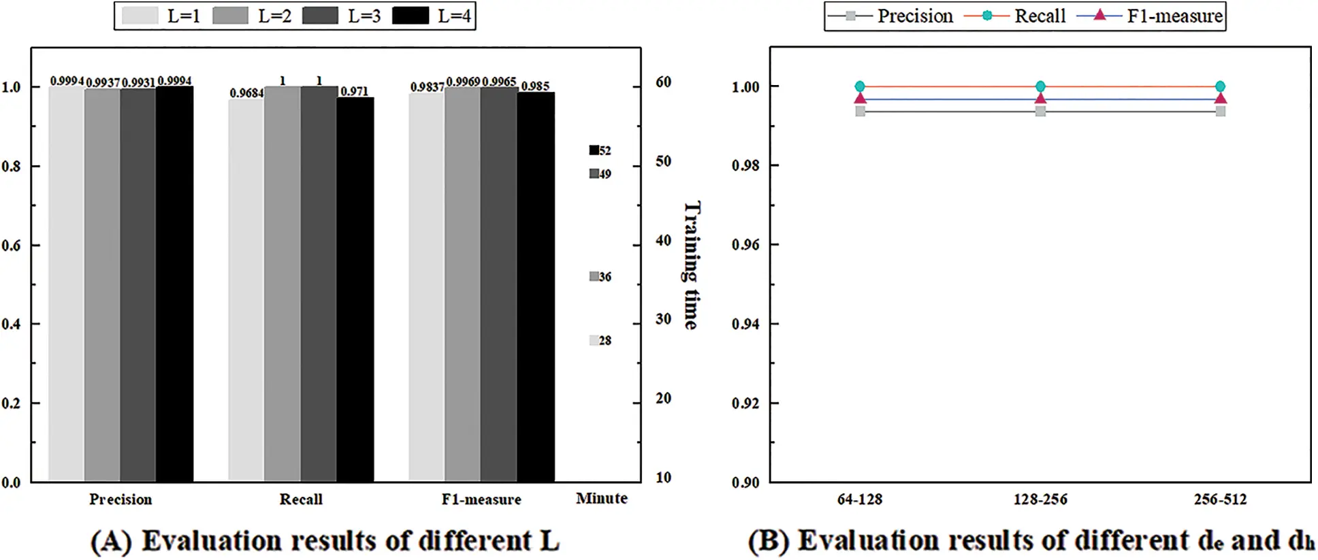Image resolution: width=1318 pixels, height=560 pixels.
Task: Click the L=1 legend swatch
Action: click(x=140, y=16)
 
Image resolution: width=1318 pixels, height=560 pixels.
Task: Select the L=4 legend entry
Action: click(x=432, y=16)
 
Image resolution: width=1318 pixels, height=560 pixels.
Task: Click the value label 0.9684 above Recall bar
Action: click(x=246, y=93)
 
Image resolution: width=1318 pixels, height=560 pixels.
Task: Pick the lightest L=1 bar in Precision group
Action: click(x=66, y=286)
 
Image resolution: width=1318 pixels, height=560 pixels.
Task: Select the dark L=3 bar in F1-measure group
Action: click(x=499, y=286)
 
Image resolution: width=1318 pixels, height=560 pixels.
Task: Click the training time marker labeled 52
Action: click(x=594, y=150)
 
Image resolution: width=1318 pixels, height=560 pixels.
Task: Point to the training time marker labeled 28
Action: click(x=594, y=340)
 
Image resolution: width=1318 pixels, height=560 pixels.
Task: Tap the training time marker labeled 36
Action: click(x=594, y=276)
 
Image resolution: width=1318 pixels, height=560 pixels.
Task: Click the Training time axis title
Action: click(x=691, y=265)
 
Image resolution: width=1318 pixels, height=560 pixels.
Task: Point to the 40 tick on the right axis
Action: click(x=663, y=240)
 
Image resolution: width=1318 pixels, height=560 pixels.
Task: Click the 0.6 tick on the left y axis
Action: click(x=11, y=246)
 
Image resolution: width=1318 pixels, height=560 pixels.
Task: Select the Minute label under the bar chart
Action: click(x=602, y=499)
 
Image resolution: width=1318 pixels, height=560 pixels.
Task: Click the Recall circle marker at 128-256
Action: click(x=1040, y=86)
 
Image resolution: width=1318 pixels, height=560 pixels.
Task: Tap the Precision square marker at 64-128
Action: click(x=861, y=111)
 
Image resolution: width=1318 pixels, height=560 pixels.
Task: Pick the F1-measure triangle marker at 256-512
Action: click(x=1220, y=99)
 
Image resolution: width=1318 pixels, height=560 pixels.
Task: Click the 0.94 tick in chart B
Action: click(x=745, y=324)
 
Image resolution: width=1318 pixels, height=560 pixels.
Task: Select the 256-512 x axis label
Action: click(x=1220, y=499)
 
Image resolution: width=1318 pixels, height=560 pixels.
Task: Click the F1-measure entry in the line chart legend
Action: click(x=1151, y=16)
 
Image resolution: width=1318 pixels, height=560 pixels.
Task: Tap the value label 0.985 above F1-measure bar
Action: click(x=535, y=86)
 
